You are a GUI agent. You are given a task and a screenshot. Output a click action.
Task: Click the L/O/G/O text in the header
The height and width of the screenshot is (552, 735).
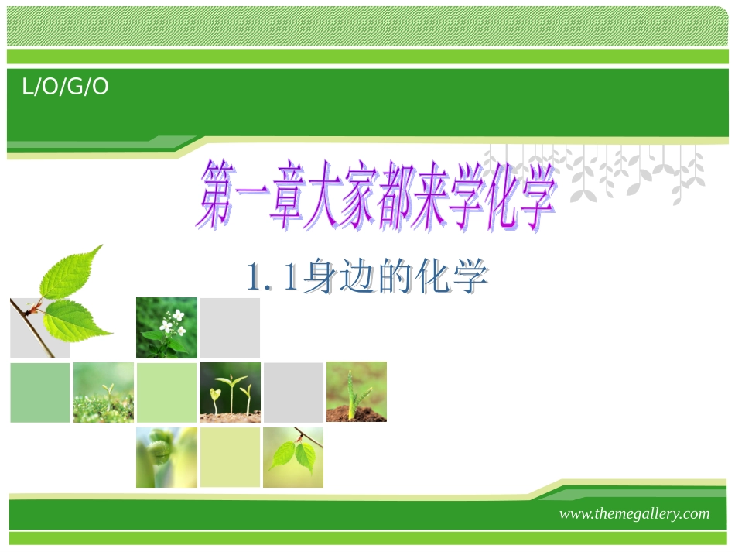click(65, 87)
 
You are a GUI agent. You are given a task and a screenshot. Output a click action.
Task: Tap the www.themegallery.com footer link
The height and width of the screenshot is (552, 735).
click(634, 514)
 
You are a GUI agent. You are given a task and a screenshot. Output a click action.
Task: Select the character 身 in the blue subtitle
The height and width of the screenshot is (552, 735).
click(320, 277)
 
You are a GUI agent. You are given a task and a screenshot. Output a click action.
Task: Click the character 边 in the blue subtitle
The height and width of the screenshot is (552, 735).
click(357, 277)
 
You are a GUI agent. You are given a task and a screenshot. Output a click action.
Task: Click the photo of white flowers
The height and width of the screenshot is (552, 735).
click(167, 327)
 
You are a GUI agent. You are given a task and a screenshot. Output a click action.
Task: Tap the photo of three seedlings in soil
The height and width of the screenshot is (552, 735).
click(230, 392)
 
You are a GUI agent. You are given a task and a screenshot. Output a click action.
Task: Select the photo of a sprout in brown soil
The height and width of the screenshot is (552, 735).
click(357, 392)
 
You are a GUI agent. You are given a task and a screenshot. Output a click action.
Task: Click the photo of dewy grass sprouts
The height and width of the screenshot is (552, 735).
click(104, 393)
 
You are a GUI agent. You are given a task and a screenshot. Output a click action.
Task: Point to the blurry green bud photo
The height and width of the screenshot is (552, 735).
click(166, 457)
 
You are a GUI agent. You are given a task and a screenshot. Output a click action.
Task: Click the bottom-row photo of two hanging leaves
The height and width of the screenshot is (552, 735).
click(293, 457)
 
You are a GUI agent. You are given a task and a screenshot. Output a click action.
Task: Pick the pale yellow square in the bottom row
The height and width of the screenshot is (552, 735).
click(230, 457)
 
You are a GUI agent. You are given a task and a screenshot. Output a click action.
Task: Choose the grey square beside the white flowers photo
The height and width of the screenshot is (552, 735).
click(230, 327)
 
